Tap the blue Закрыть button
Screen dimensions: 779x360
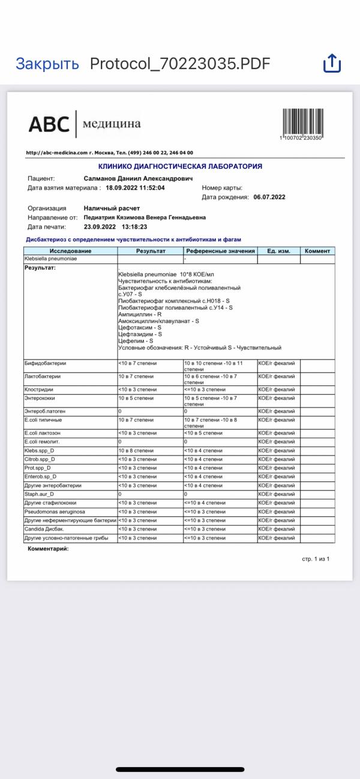pyautogui.click(x=47, y=64)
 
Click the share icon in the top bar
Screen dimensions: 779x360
pyautogui.click(x=332, y=63)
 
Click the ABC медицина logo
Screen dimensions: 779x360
pyautogui.click(x=85, y=124)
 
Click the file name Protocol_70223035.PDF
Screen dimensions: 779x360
pyautogui.click(x=180, y=64)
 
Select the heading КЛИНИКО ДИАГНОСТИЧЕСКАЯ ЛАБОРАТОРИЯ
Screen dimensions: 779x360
pyautogui.click(x=180, y=166)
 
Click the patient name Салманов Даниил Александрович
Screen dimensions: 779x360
pyautogui.click(x=138, y=179)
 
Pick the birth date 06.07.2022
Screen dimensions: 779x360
pyautogui.click(x=269, y=197)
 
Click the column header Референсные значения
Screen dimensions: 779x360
pyautogui.click(x=220, y=251)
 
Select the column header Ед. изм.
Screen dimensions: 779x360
pyautogui.click(x=278, y=251)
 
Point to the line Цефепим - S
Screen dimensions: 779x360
pyautogui.click(x=136, y=341)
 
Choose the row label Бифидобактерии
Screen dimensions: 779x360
pyautogui.click(x=46, y=363)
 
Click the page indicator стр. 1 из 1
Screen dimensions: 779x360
pyautogui.click(x=316, y=559)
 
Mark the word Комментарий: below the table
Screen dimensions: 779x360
pyautogui.click(x=49, y=549)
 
